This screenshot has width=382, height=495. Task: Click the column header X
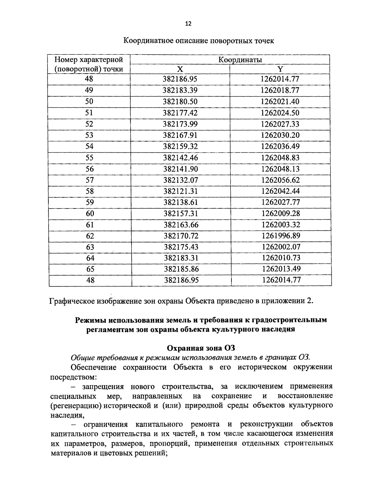click(180, 69)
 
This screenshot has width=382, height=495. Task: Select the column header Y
click(280, 69)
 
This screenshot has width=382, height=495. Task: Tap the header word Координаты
click(240, 60)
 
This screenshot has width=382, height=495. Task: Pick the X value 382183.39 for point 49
click(180, 90)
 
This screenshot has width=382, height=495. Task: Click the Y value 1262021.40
click(280, 102)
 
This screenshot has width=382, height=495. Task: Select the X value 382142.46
click(180, 158)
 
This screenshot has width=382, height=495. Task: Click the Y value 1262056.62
click(280, 180)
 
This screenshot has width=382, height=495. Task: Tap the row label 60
click(90, 214)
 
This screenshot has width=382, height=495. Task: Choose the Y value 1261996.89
click(281, 236)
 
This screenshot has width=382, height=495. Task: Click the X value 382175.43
click(181, 247)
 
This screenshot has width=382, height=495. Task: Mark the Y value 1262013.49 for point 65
click(281, 269)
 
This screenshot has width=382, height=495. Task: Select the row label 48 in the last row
click(90, 280)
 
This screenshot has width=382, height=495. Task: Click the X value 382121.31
click(181, 191)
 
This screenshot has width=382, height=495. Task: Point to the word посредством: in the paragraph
click(74, 377)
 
